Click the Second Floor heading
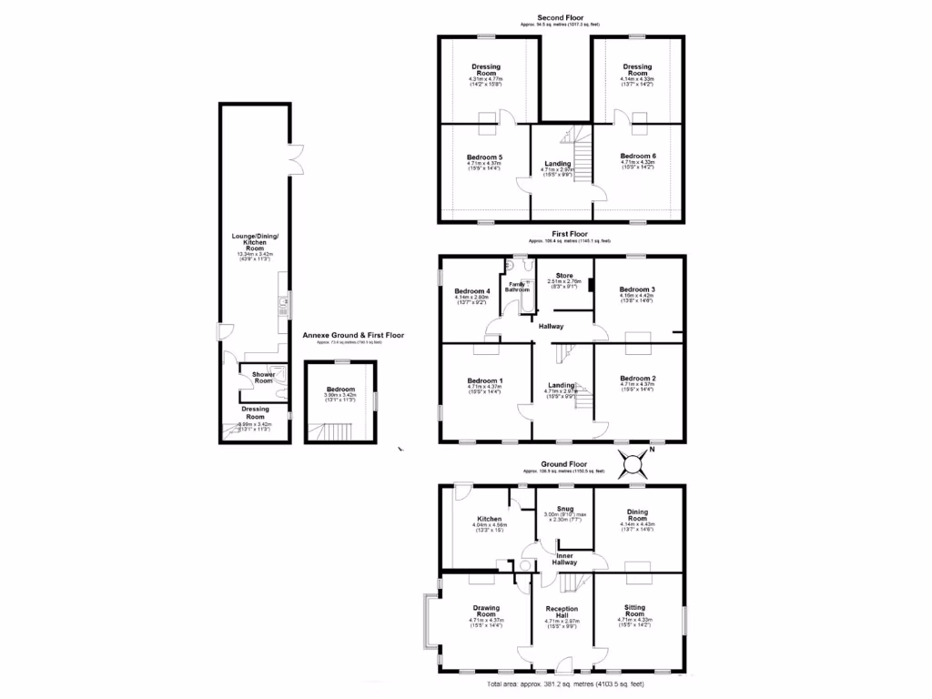click(x=560, y=17)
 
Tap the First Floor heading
click(x=560, y=234)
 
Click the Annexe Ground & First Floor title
click(x=353, y=335)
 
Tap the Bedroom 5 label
click(x=487, y=157)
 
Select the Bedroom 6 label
click(x=637, y=157)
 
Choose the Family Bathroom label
click(x=516, y=288)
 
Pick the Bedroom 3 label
click(x=637, y=289)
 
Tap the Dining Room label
click(x=637, y=513)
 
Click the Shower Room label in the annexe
click(x=263, y=378)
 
